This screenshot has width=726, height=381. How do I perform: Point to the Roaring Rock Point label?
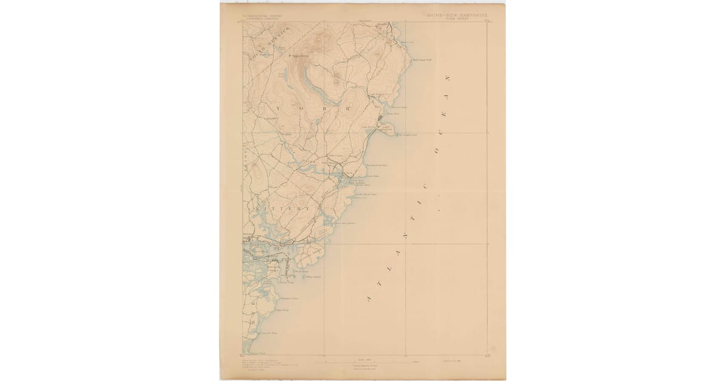pyautogui.click(x=376, y=164)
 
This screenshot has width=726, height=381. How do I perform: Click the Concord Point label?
pyautogui.click(x=269, y=333)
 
